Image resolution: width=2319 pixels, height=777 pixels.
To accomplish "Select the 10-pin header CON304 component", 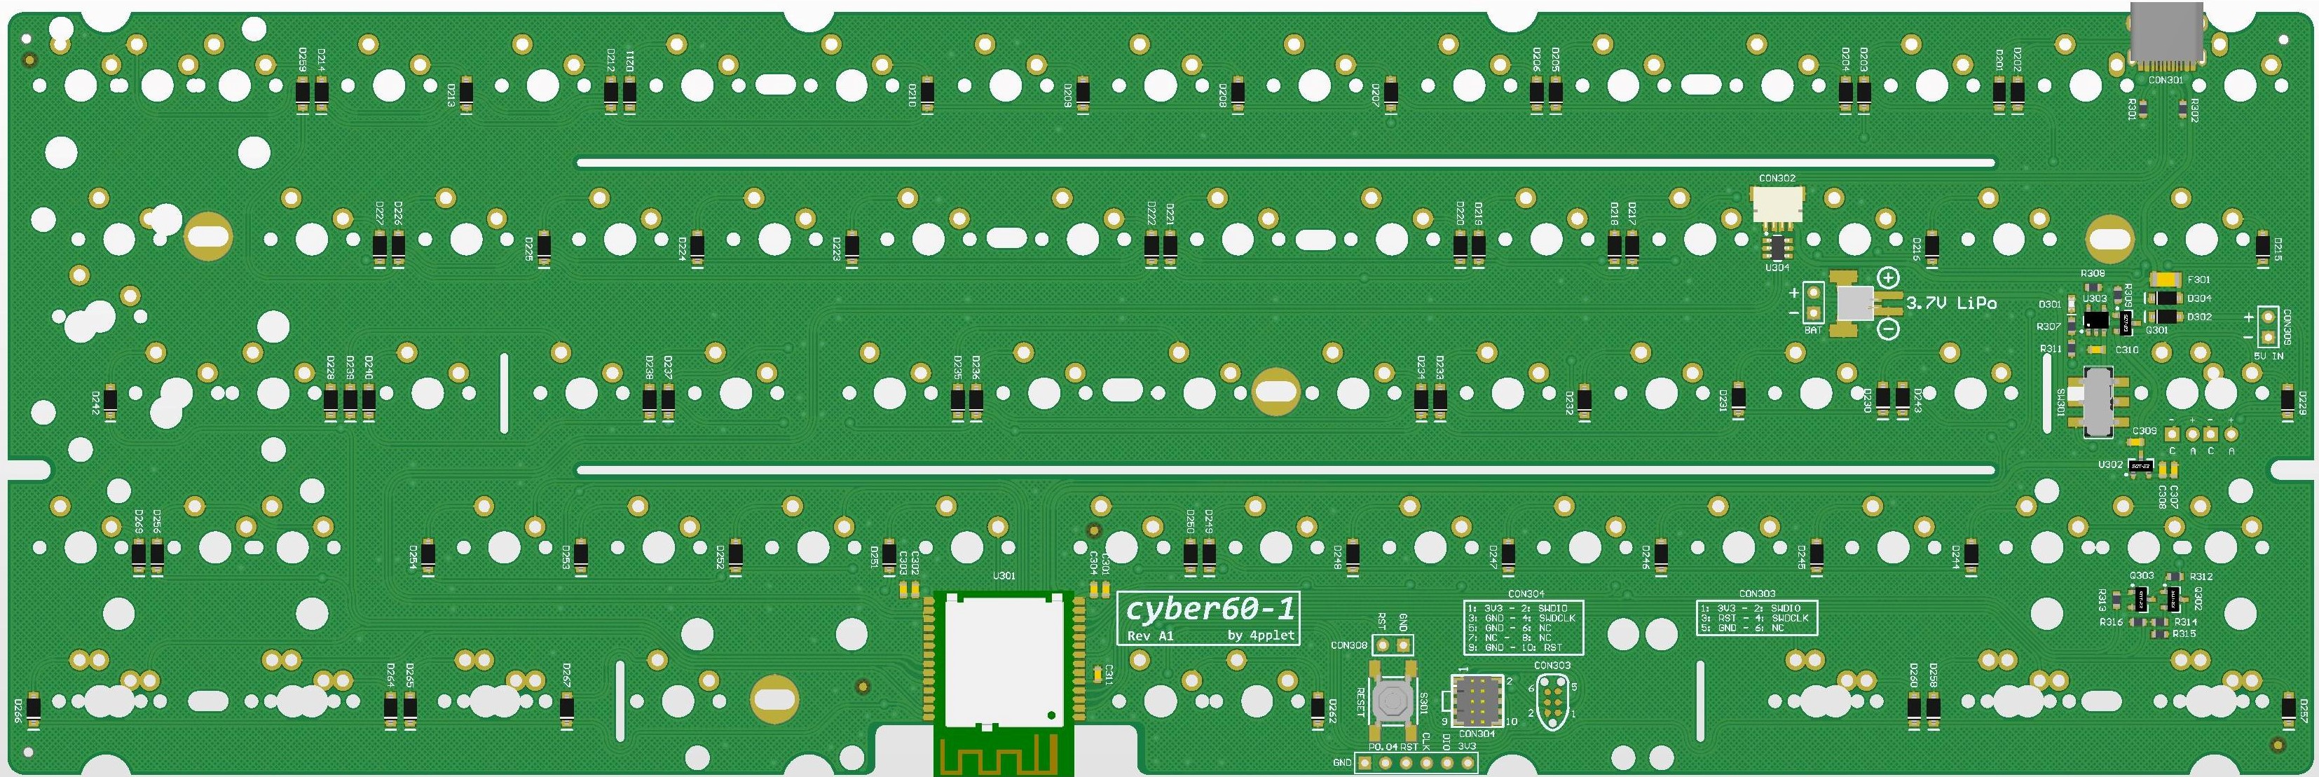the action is [1475, 699].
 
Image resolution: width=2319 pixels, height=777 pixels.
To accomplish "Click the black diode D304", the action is [2163, 298].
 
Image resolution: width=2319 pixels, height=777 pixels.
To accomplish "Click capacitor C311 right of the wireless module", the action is [1095, 675].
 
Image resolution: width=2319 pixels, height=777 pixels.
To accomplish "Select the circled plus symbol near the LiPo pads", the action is [1888, 278].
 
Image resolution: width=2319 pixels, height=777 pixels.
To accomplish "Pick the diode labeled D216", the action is [1931, 245].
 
